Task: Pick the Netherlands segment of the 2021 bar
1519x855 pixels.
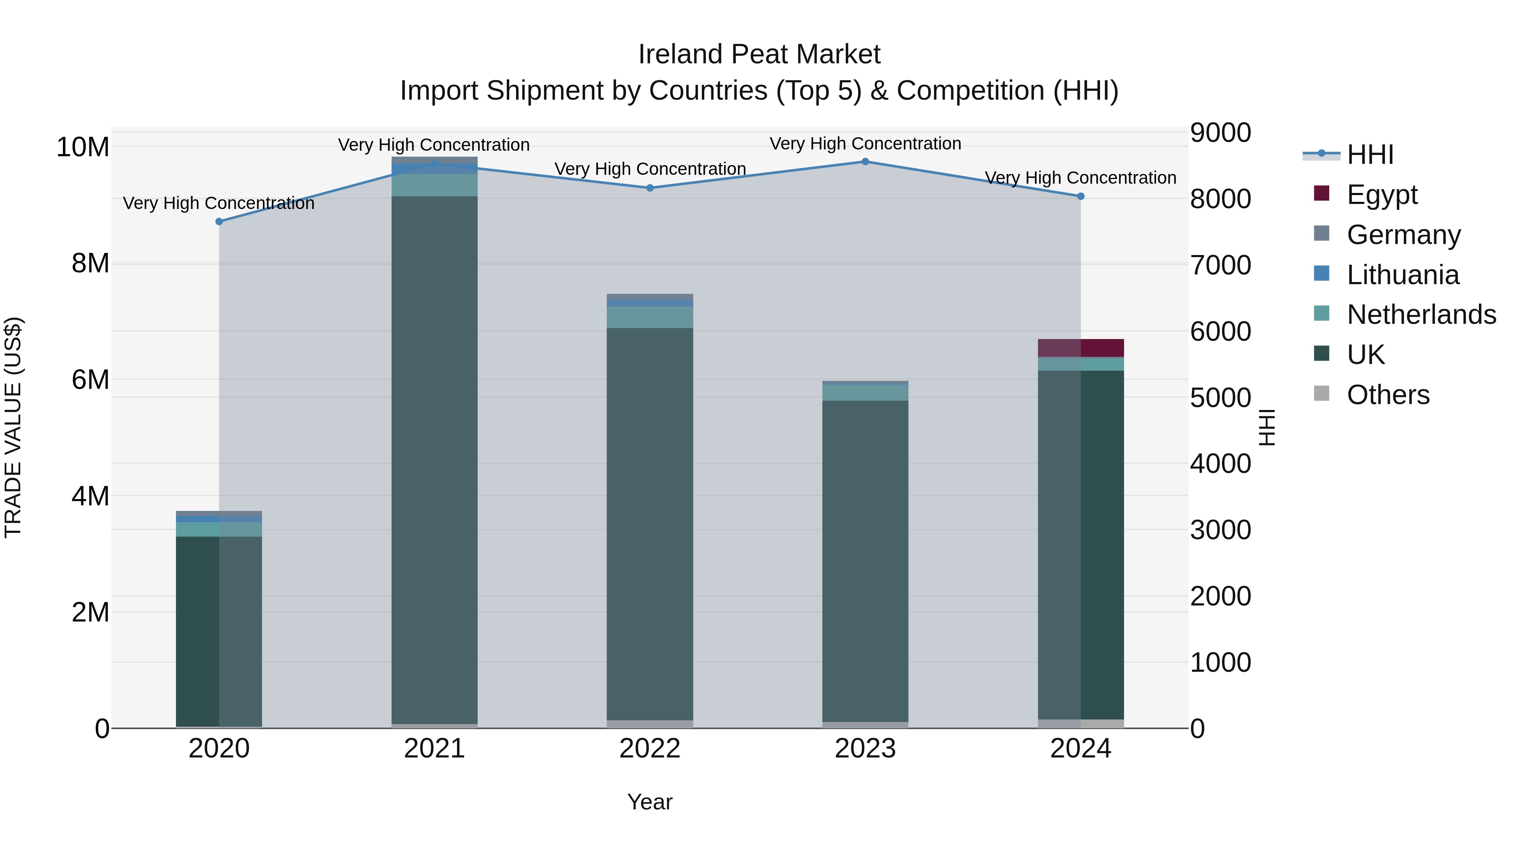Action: (435, 185)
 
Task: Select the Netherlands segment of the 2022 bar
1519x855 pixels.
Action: (650, 317)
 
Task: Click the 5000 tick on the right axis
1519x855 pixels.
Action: (1220, 398)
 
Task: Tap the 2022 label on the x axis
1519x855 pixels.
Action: (650, 749)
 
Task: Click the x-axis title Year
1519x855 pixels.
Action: (650, 802)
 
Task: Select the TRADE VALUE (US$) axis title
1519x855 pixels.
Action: (13, 427)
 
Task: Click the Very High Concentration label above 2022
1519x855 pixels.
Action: (650, 169)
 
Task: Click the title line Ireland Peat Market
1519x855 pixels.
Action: (759, 54)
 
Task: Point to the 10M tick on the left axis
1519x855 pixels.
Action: (83, 147)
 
